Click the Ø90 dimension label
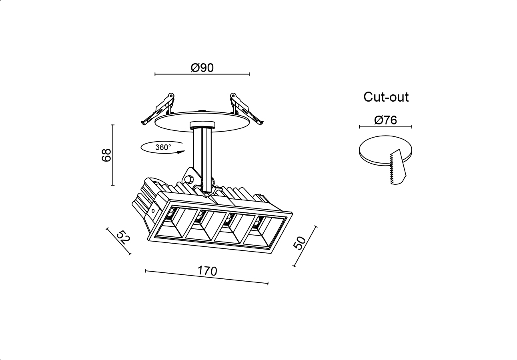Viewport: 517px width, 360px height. [x=202, y=68]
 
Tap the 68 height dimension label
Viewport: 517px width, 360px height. [x=106, y=155]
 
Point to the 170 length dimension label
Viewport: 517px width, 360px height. [x=207, y=271]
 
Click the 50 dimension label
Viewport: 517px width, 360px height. [x=299, y=243]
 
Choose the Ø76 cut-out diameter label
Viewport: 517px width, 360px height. [x=385, y=120]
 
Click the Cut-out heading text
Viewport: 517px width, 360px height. [x=386, y=97]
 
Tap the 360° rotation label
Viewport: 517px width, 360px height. [x=163, y=147]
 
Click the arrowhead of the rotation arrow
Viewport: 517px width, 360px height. [x=181, y=152]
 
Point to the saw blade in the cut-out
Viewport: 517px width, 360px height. [x=397, y=167]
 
